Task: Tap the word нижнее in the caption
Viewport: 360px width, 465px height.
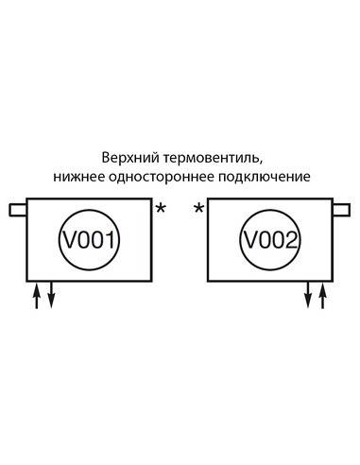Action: tap(79, 176)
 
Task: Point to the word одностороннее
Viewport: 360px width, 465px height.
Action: tap(159, 176)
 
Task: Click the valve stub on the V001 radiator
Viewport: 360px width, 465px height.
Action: tap(18, 208)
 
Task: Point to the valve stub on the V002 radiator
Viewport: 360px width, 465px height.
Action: tap(340, 208)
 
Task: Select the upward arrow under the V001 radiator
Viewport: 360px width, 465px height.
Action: tap(38, 296)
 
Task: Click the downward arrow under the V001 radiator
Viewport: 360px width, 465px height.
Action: tap(51, 296)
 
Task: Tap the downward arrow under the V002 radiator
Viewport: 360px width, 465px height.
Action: tap(308, 296)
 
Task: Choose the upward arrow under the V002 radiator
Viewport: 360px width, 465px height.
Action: tap(322, 296)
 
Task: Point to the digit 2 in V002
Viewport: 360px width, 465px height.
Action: tap(291, 241)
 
